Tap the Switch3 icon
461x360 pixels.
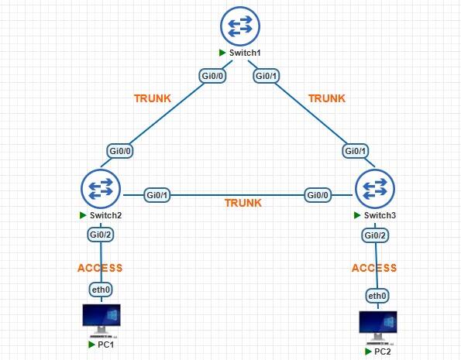[375, 189]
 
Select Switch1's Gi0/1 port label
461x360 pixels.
[266, 76]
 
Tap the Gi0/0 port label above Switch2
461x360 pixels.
[120, 151]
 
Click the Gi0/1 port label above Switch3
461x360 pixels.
[356, 151]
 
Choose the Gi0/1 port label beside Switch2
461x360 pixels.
[158, 194]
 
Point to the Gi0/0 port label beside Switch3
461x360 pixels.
[318, 194]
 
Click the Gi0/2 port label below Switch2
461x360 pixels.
[100, 234]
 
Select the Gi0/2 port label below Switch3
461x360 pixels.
[376, 235]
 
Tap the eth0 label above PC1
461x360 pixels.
[100, 290]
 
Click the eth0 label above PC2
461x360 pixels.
[377, 296]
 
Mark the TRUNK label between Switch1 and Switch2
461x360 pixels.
[153, 99]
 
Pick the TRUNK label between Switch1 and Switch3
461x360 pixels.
[327, 99]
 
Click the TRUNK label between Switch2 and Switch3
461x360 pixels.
[243, 204]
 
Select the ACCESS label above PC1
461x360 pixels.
[100, 268]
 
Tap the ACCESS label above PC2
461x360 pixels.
[374, 268]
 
